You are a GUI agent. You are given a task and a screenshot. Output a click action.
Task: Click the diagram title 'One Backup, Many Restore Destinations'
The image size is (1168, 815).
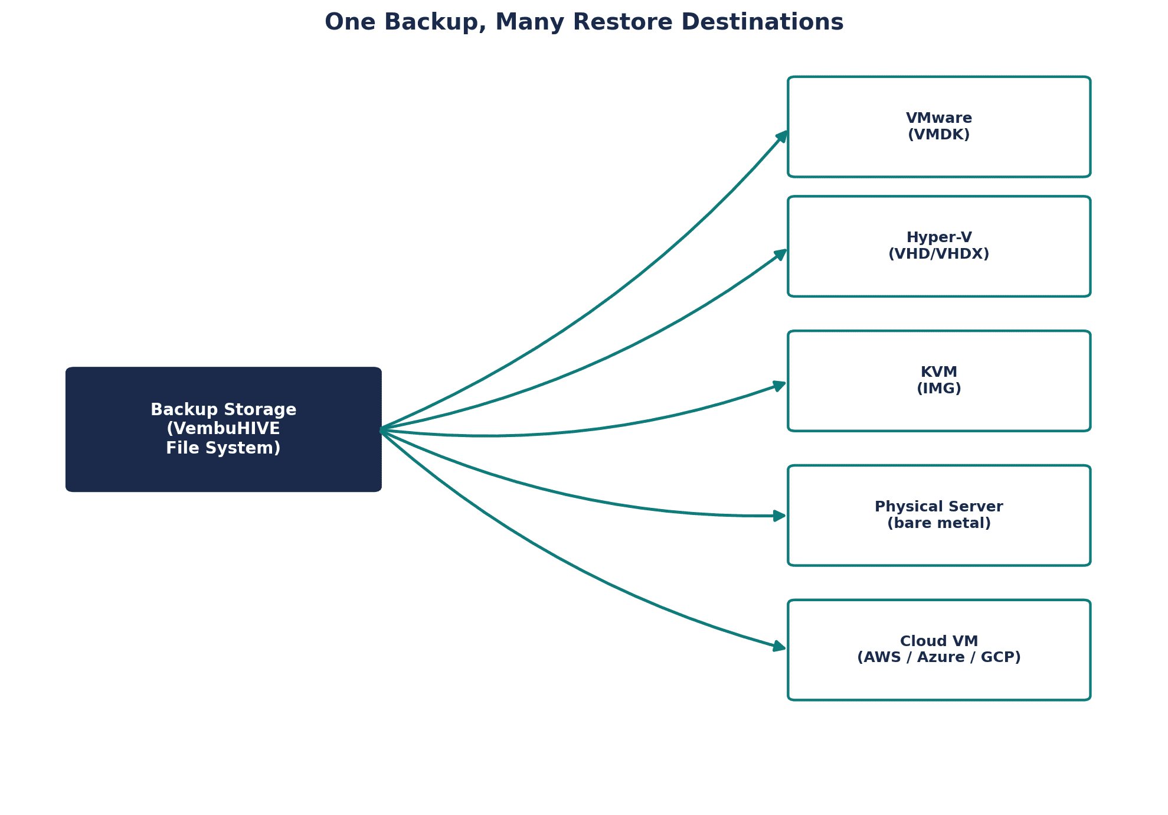coord(584,22)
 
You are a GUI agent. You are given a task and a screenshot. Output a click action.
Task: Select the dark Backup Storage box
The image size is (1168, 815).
coord(224,429)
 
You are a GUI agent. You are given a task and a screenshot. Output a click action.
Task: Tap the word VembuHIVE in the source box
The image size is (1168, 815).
coord(223,429)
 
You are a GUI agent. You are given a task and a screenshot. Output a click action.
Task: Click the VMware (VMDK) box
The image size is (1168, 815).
coord(939,126)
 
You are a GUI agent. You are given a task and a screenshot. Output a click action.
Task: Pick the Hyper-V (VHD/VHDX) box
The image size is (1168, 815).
coord(939,246)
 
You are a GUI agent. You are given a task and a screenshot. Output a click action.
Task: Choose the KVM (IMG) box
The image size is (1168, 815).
coord(939,381)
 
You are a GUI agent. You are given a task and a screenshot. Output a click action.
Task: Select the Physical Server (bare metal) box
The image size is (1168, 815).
coord(939,516)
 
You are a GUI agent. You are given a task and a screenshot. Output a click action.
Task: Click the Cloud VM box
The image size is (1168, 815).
coord(939,650)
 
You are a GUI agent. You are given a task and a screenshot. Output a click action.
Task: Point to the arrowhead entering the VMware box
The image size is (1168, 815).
coord(781,136)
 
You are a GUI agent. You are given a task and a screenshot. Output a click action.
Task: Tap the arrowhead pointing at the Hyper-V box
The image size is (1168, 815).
coord(780,255)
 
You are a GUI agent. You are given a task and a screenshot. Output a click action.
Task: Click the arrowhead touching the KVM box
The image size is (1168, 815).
coord(780,386)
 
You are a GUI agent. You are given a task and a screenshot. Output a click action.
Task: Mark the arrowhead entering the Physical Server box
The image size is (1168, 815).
coord(780,516)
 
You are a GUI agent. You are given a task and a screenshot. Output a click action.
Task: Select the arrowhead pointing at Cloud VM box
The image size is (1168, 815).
coord(780,647)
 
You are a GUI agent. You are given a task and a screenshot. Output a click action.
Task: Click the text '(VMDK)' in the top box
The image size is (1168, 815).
coord(939,135)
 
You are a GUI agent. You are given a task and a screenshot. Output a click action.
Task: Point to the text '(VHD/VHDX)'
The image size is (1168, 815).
coord(939,254)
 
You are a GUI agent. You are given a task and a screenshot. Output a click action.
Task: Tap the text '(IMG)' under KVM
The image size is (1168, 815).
coord(939,389)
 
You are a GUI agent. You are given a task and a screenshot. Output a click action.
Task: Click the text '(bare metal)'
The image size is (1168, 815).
coord(939,523)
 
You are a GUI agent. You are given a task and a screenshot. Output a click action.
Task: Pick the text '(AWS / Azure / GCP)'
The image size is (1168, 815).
coord(939,657)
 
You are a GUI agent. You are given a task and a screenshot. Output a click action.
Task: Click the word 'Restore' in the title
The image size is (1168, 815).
coord(623,22)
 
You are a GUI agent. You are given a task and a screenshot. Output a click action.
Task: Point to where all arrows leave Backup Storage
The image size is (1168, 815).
coord(381,429)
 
